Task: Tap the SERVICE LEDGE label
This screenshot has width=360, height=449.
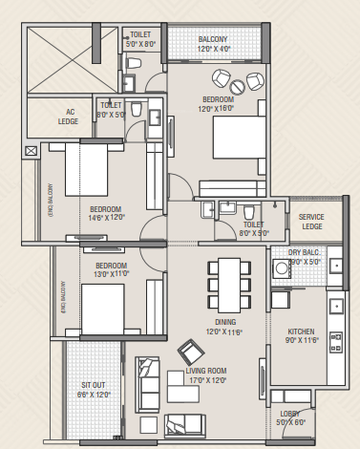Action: pos(311,221)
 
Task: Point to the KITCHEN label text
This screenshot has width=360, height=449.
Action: pos(301,332)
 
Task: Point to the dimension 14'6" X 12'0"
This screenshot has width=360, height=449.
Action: pos(106,217)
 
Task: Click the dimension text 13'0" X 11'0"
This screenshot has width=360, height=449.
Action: pos(111,274)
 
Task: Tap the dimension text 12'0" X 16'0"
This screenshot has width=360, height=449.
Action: pos(219,107)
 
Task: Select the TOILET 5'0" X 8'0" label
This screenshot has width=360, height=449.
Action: pos(142,38)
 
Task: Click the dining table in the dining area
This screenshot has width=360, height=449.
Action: pos(227,279)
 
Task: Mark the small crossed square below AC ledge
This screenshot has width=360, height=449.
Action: pos(32,150)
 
